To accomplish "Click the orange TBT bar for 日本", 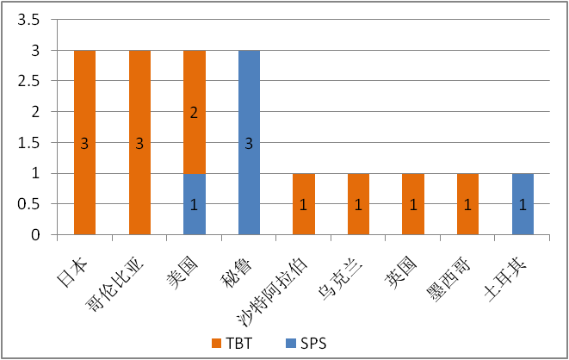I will tap(84, 142).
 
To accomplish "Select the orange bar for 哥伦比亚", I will tap(139, 142).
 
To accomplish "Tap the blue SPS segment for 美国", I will tap(194, 203).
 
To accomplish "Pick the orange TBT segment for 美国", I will tap(194, 112).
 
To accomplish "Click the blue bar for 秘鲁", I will tap(249, 142).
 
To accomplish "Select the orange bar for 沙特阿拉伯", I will tap(303, 203).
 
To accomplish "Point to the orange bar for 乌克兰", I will tap(358, 203).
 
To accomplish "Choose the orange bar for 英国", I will tap(412, 203).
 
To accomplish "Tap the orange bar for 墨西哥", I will tap(467, 203).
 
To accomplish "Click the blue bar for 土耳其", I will tap(523, 203).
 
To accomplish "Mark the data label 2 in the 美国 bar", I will tap(194, 112).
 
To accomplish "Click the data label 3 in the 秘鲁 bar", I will tap(249, 143).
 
